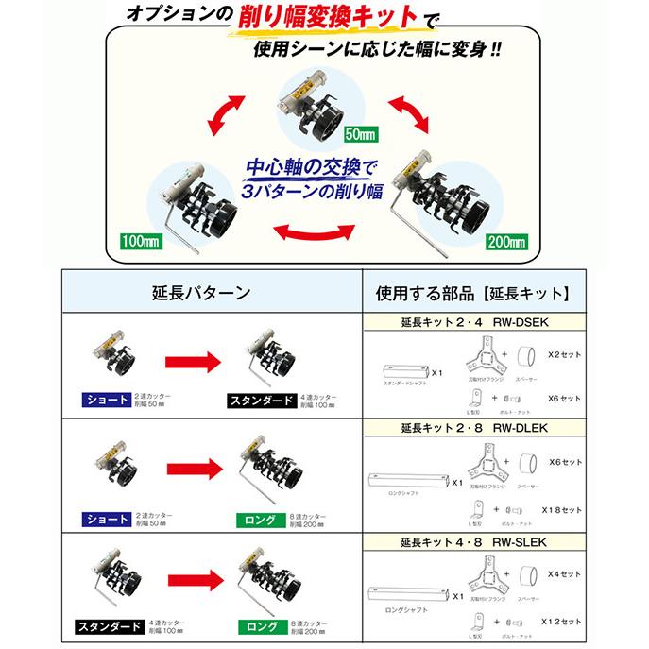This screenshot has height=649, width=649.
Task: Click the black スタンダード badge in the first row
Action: coord(259,400)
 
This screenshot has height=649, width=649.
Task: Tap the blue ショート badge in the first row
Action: coord(108,400)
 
